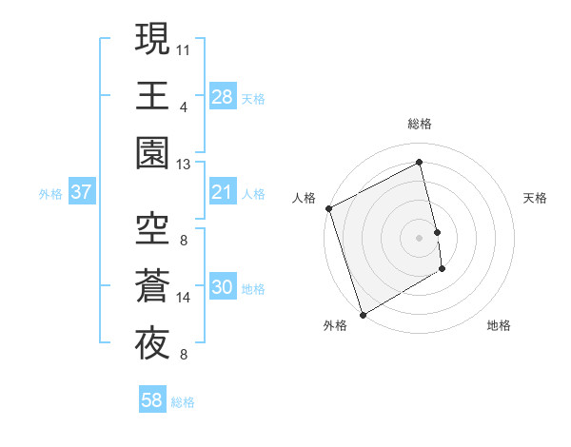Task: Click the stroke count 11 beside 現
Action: (184, 48)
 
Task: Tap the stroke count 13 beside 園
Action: (184, 165)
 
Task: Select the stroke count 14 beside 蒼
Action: (184, 298)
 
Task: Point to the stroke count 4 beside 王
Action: (183, 107)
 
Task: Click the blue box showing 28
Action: (222, 96)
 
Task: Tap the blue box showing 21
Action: (222, 193)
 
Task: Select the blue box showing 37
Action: (81, 193)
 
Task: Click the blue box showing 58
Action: (152, 401)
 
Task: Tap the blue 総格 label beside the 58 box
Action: (183, 402)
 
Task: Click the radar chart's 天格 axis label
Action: (536, 198)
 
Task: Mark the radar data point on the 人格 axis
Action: (328, 208)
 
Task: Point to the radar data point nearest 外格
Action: (363, 314)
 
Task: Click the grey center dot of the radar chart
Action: (420, 237)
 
